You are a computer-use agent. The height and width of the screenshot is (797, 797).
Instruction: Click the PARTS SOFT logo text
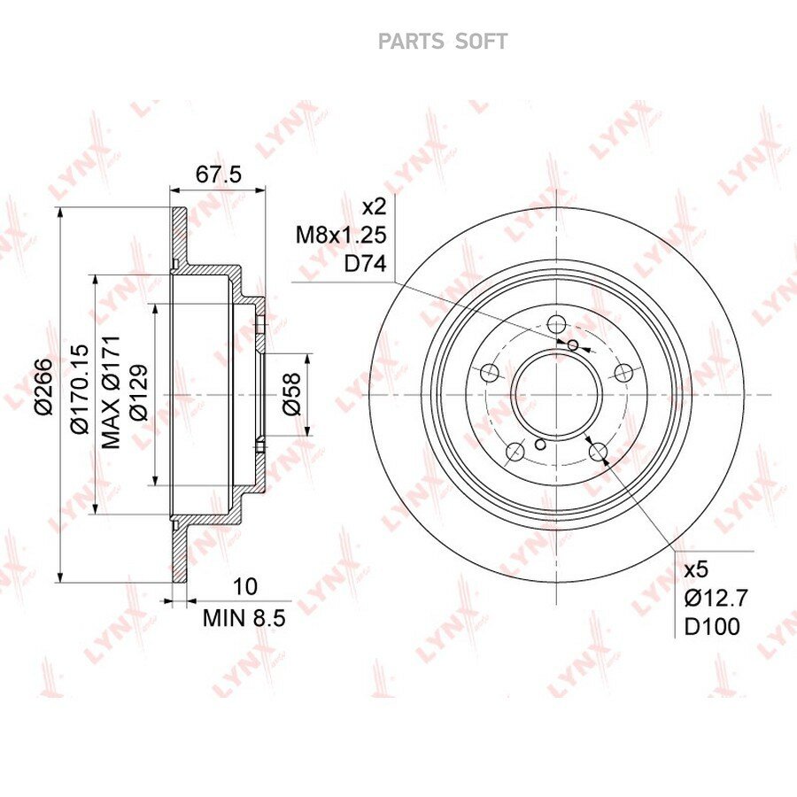(x=443, y=42)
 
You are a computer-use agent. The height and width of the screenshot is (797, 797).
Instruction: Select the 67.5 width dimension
(x=219, y=174)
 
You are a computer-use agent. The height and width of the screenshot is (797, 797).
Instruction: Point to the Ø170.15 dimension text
(x=80, y=390)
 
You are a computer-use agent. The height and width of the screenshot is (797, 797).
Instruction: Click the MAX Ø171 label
(x=111, y=391)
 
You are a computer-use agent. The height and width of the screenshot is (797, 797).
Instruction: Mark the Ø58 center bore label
(x=291, y=394)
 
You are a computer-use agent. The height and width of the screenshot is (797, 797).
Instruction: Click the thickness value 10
(x=245, y=587)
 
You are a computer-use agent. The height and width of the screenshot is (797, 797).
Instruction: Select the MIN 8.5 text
(x=244, y=619)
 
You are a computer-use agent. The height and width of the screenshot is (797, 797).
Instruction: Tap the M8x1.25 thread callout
(x=341, y=236)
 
